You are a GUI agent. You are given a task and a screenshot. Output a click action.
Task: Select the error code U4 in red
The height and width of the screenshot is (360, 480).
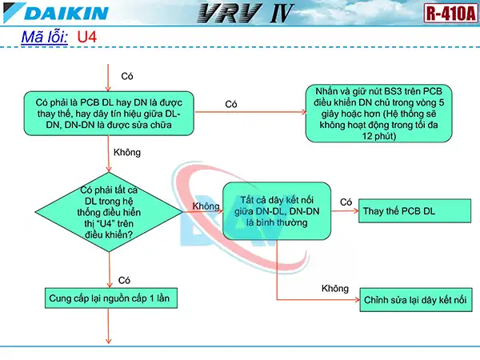pyautogui.click(x=86, y=38)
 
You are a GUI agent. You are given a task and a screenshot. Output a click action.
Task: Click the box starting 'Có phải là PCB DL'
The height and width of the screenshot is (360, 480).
pyautogui.click(x=109, y=113)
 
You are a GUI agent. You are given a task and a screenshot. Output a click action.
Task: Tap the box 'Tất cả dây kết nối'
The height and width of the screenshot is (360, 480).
pyautogui.click(x=276, y=210)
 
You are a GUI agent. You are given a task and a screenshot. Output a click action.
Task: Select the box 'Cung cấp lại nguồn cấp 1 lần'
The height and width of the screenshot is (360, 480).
pyautogui.click(x=109, y=298)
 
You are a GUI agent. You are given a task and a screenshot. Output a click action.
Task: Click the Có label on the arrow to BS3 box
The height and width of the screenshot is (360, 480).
pyautogui.click(x=231, y=104)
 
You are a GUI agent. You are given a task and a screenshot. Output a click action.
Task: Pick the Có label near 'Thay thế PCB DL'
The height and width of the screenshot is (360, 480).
pyautogui.click(x=346, y=202)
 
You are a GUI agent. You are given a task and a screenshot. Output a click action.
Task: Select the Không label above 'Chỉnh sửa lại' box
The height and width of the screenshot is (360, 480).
pyautogui.click(x=335, y=288)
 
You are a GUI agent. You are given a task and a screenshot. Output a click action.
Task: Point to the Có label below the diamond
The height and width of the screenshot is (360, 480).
pyautogui.click(x=125, y=280)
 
